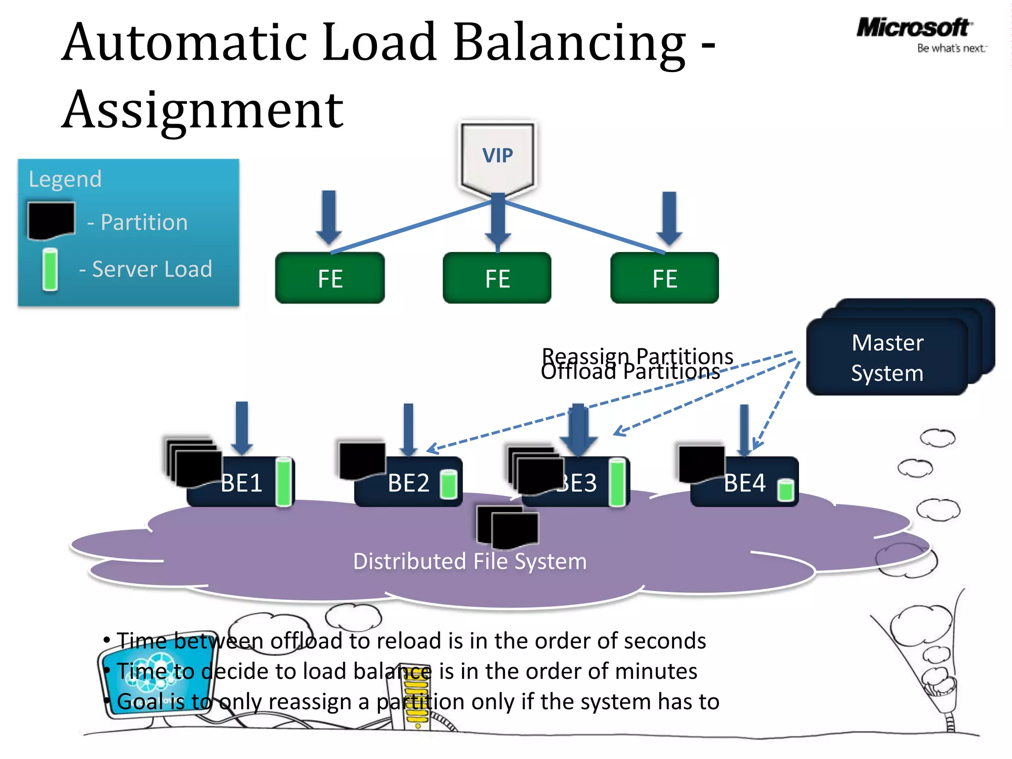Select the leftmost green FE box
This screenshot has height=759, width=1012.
click(330, 278)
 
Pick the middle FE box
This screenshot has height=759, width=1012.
click(497, 278)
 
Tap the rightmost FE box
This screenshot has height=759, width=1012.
click(665, 278)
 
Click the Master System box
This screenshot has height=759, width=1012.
click(887, 358)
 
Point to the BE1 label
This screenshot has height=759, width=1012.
click(241, 483)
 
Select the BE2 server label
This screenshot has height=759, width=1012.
click(409, 483)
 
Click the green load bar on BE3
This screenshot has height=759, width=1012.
click(617, 482)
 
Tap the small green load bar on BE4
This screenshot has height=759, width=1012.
click(785, 490)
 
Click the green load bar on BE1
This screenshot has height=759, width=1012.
click(284, 482)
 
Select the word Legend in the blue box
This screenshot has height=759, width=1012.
click(65, 179)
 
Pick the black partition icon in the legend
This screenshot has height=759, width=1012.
click(51, 220)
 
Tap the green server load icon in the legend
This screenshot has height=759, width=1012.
click(50, 269)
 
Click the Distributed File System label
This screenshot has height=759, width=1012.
click(469, 562)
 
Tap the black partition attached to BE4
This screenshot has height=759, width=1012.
click(701, 464)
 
